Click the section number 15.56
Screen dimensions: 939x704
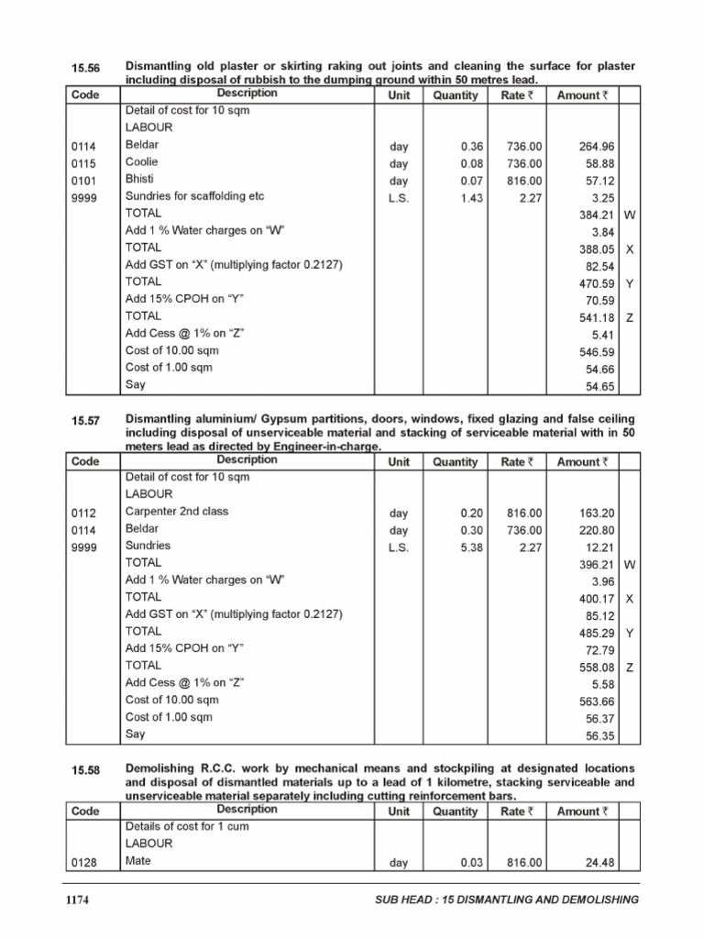(x=84, y=68)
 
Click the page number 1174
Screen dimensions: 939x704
(x=77, y=900)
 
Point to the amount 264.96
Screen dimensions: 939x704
(x=597, y=146)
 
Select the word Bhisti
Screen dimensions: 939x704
(x=139, y=179)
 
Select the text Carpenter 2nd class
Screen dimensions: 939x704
(x=177, y=512)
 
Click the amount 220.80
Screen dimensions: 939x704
(x=597, y=530)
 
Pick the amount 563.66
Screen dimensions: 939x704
(x=597, y=701)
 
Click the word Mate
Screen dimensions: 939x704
(x=137, y=861)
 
